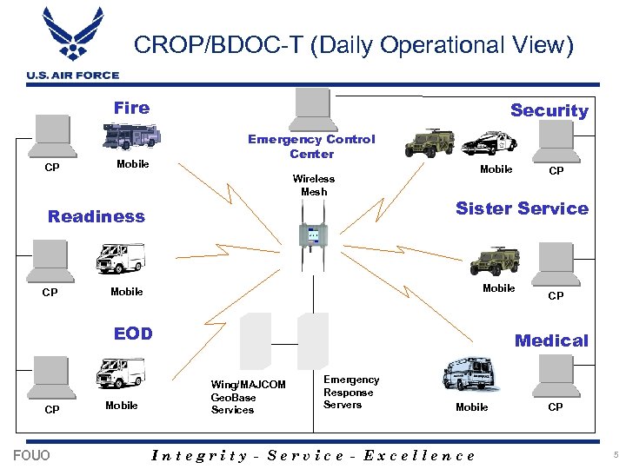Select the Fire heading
131,108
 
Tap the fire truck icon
131,136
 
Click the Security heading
549,110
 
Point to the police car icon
489,142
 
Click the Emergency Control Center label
311,146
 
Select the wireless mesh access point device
313,235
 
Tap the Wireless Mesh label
313,185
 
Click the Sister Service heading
522,208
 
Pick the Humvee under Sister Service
495,261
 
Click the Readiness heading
97,216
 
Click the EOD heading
133,334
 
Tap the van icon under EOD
118,373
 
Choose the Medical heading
551,340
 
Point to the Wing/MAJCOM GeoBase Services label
248,397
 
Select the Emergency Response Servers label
351,392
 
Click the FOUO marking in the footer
32,455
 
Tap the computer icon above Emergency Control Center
312,109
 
